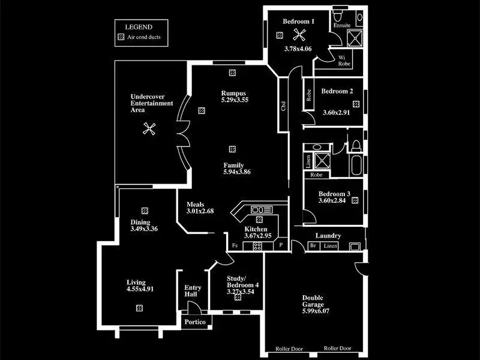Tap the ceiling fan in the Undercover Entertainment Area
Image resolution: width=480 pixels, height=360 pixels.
point(149,128)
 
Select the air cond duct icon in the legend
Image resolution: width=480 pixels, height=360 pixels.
point(121,37)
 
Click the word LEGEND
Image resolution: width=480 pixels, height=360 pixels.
point(138,27)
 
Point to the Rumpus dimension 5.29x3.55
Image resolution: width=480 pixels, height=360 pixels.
point(234,100)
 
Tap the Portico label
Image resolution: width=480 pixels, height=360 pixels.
point(195,323)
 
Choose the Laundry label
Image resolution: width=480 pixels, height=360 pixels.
point(328,236)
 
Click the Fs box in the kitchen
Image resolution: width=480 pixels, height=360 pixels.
point(234,246)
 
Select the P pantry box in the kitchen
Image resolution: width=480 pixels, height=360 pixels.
point(281,246)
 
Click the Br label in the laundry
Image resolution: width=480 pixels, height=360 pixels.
point(313,246)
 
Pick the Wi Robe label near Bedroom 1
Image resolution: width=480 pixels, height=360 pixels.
point(344,61)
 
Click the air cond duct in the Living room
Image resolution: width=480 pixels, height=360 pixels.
point(139,308)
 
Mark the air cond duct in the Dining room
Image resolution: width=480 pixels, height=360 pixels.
point(145,211)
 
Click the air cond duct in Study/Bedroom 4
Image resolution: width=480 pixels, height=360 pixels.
point(238,297)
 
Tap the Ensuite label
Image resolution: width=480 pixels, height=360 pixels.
point(343,26)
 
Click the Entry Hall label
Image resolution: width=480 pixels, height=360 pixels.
point(193,292)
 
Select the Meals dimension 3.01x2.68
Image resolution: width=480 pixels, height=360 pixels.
point(200,211)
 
